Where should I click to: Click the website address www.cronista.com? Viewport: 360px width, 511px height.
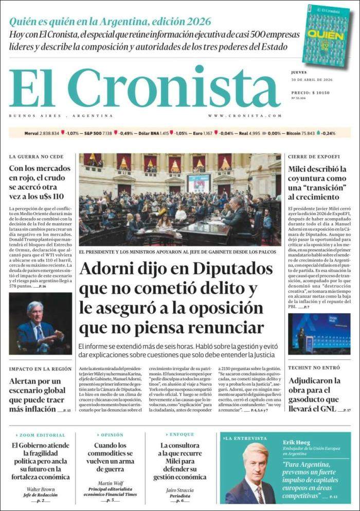point(245,116)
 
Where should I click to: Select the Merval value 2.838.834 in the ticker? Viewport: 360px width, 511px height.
point(50,133)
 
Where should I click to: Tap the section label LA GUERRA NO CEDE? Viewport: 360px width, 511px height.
point(36,156)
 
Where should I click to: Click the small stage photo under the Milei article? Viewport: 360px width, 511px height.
point(319,334)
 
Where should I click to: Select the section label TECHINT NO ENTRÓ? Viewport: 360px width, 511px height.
point(314,368)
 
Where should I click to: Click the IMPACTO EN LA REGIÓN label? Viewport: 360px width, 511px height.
point(40,369)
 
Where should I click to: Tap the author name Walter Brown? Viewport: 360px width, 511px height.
point(41,489)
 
